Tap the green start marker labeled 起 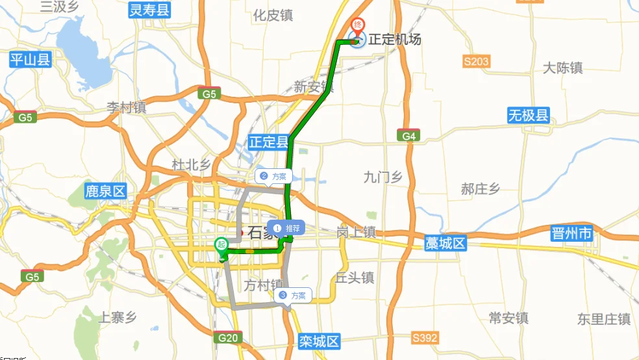pos(221,245)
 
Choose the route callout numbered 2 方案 pos(273,176)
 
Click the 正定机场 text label pos(395,40)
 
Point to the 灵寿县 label pos(149,10)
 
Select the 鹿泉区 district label pos(105,192)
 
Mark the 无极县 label pos(529,116)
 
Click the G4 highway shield pos(407,135)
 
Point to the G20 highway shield pos(227,338)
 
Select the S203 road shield pos(476,62)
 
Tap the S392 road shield pos(425,338)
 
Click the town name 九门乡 pos(383,177)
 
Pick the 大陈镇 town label pos(563,68)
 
